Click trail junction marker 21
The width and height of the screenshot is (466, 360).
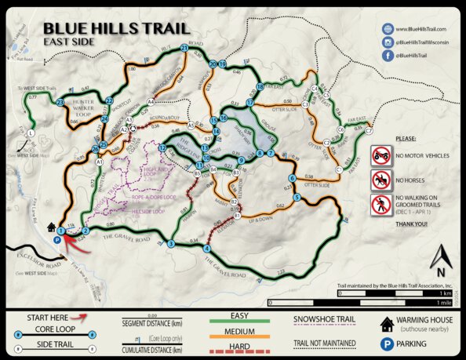[x=184, y=48]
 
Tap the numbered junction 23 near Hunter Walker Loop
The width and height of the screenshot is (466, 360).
[x=60, y=102]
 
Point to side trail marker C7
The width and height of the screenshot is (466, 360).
[x=369, y=132]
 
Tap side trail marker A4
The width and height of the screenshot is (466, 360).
[x=150, y=102]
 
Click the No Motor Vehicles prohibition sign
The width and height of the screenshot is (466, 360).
[x=381, y=155]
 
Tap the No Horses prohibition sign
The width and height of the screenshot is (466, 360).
[x=381, y=180]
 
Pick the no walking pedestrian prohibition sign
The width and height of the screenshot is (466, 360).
[x=381, y=205]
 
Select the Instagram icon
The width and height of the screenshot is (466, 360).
[x=387, y=42]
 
